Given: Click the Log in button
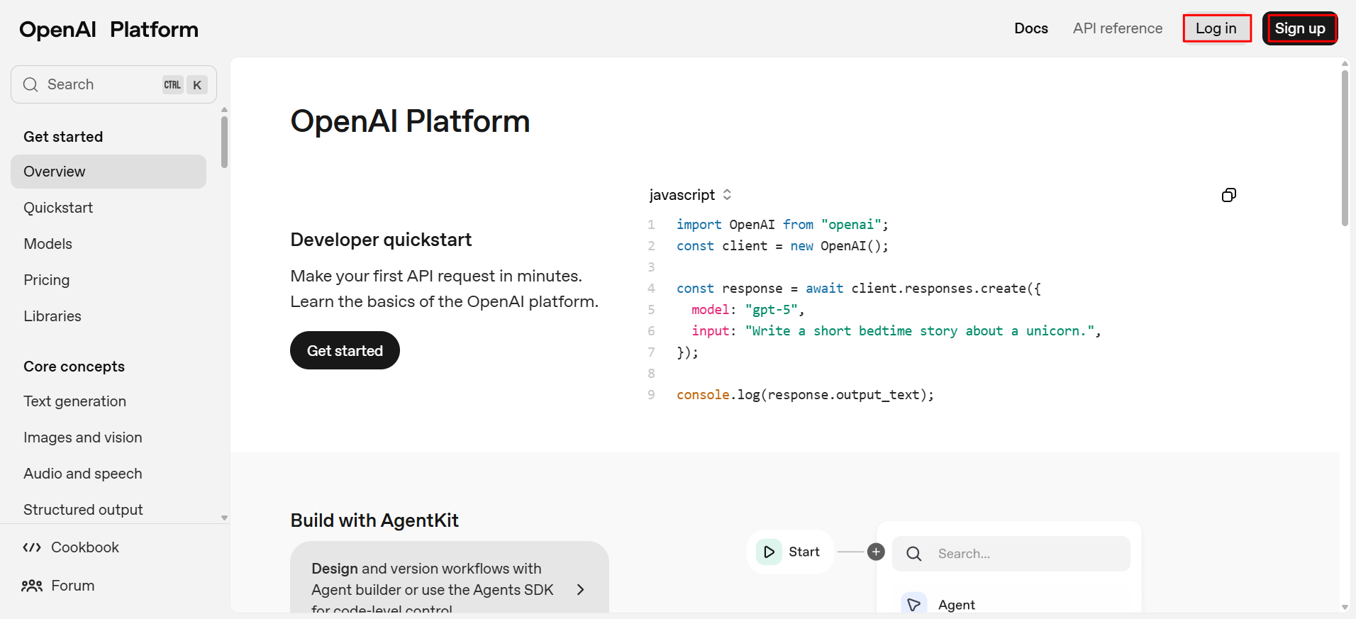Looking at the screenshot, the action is pyautogui.click(x=1216, y=28).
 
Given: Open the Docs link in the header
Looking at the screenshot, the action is pyautogui.click(x=1031, y=28).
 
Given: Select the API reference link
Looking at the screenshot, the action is pyautogui.click(x=1118, y=28).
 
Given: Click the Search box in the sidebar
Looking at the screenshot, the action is pyautogui.click(x=113, y=84).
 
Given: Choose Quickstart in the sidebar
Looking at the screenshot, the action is pyautogui.click(x=58, y=208).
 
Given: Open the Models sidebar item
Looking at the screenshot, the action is pyautogui.click(x=48, y=244).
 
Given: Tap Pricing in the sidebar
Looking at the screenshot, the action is pyautogui.click(x=47, y=280).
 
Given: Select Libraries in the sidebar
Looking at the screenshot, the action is pyautogui.click(x=52, y=316).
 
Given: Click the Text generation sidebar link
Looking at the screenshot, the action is pyautogui.click(x=75, y=401).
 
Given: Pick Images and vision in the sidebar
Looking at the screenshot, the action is pyautogui.click(x=83, y=437).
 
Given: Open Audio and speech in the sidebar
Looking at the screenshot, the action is pyautogui.click(x=83, y=474).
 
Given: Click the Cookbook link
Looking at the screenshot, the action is pyautogui.click(x=71, y=547).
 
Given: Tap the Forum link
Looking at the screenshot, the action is pyautogui.click(x=58, y=586).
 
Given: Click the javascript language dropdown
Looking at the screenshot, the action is pyautogui.click(x=690, y=195).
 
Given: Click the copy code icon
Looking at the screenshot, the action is pyautogui.click(x=1229, y=195).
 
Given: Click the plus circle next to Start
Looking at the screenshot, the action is pyautogui.click(x=877, y=552).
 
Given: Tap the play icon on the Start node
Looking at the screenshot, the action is pyautogui.click(x=769, y=552).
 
